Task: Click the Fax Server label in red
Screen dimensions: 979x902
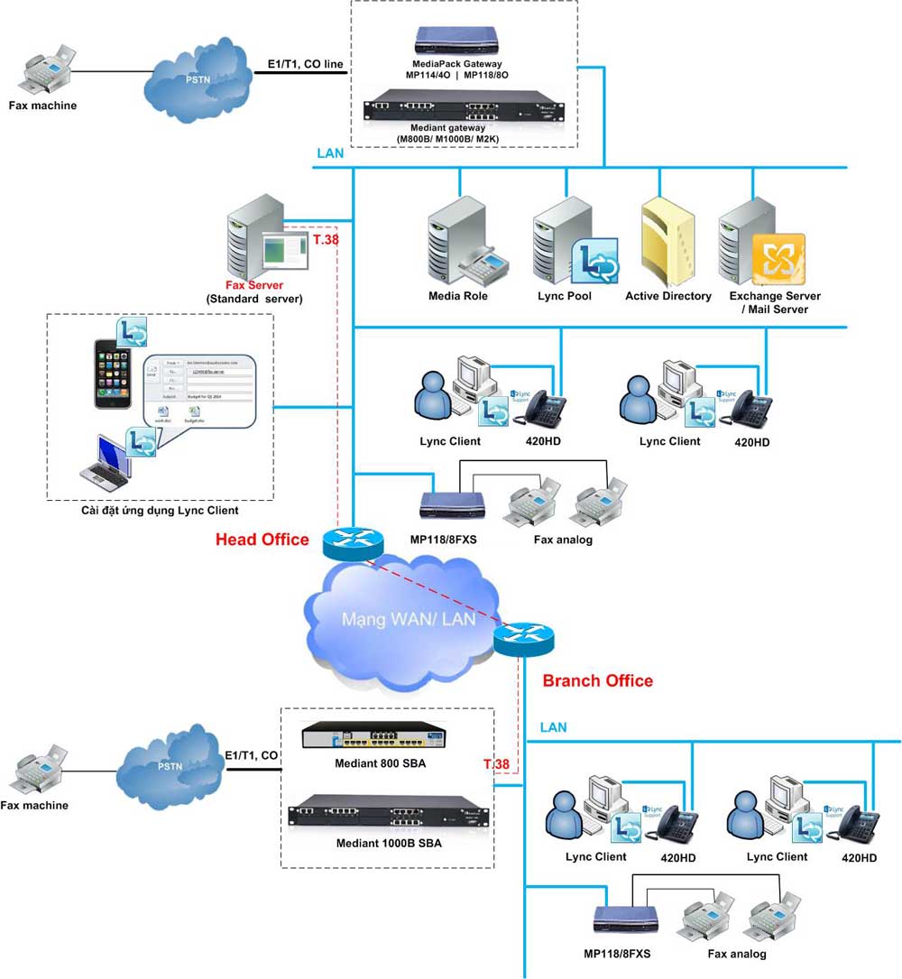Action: pos(254,284)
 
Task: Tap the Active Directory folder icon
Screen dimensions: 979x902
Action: pos(667,242)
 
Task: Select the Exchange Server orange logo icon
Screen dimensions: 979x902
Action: pos(778,259)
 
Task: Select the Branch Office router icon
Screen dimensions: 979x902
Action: pos(523,638)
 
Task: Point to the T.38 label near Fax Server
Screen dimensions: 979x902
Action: pos(326,239)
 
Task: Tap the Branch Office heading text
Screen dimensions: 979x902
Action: pos(597,680)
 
